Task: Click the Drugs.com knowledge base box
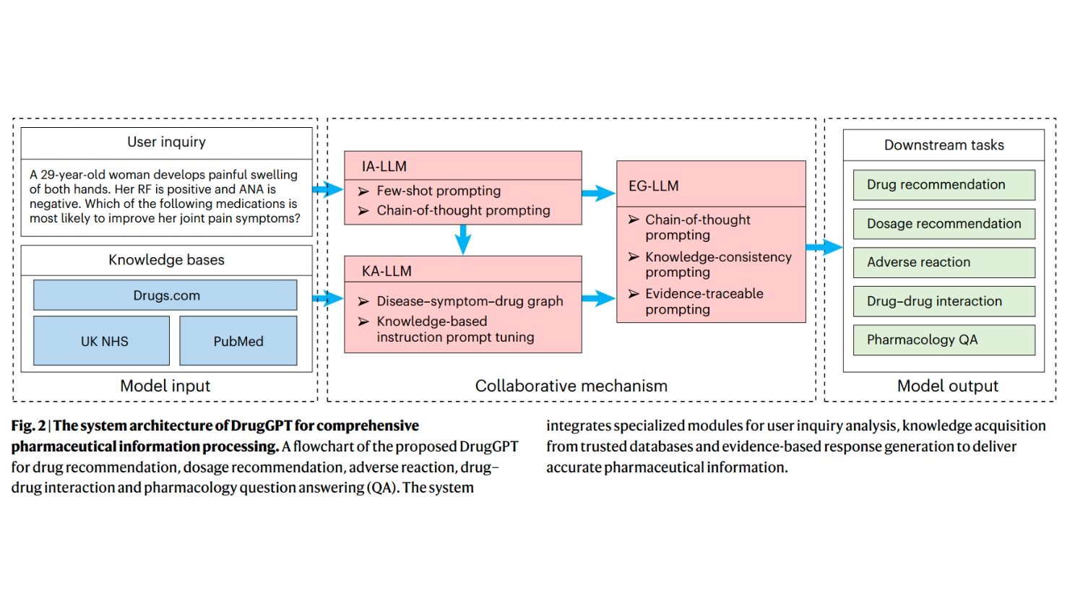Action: (x=165, y=295)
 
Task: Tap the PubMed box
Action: (x=238, y=341)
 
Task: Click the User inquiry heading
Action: (x=167, y=142)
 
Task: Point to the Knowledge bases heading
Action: (x=167, y=260)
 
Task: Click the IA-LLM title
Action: (x=384, y=166)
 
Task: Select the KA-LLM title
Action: (x=387, y=271)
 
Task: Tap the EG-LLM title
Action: (x=654, y=186)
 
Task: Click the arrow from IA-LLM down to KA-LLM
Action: (x=463, y=239)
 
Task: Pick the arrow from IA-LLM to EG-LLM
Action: (x=598, y=193)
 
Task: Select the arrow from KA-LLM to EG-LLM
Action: (x=598, y=298)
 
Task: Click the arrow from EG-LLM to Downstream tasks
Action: (x=824, y=248)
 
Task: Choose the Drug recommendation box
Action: (x=944, y=185)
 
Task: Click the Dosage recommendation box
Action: (x=944, y=224)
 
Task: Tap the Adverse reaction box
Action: (x=944, y=262)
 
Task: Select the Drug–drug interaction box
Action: (x=944, y=301)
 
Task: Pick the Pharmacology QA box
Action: (x=944, y=340)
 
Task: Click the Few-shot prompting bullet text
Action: (x=439, y=191)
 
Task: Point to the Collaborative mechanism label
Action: (x=571, y=386)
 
